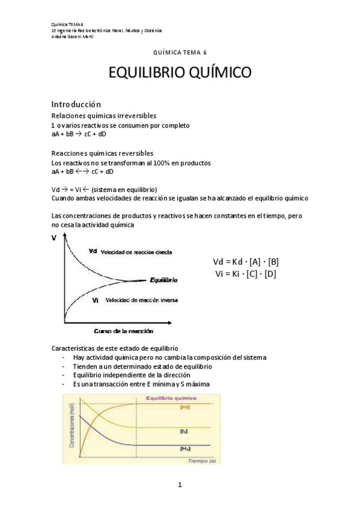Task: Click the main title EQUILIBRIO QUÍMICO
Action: [180, 73]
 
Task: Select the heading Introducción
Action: [76, 104]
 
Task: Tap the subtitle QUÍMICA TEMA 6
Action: [180, 53]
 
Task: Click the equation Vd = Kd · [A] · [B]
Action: [246, 262]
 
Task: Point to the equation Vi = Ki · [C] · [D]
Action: [246, 274]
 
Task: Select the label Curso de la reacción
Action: [123, 331]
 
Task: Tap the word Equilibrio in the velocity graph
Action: [163, 280]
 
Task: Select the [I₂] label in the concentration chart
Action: [184, 431]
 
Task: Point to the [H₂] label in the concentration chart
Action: [185, 449]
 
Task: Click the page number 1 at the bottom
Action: [180, 485]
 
